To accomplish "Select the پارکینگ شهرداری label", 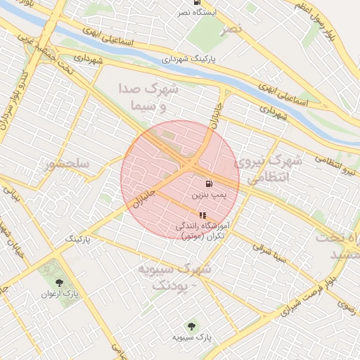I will pos(190,60).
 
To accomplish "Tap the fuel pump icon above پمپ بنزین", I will pos(210,183).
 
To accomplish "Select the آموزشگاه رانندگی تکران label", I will pos(202,231).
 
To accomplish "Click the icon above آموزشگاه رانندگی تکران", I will pos(202,215).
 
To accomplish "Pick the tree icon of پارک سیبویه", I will pos(191,326).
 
